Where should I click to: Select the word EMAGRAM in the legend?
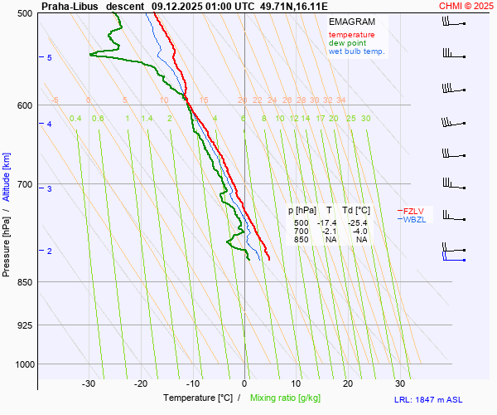[350, 21]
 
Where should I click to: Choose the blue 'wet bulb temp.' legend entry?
[356, 51]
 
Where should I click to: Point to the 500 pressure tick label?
[25, 13]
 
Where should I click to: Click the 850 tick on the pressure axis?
[25, 282]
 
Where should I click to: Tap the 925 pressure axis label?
[25, 325]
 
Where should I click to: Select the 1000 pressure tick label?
[22, 364]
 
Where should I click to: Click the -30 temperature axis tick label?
[89, 383]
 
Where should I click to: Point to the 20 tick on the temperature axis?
[348, 383]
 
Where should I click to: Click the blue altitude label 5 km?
[50, 57]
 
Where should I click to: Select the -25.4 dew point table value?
[359, 223]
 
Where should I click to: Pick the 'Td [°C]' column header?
[358, 211]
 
